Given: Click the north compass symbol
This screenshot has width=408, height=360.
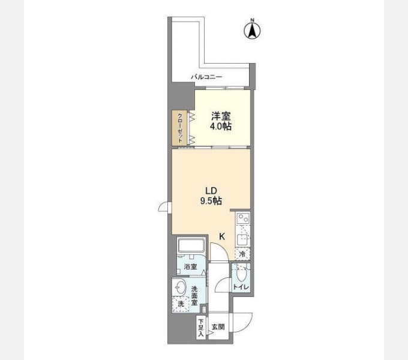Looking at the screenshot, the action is [x=252, y=29].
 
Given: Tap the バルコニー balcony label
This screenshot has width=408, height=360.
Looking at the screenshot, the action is [x=206, y=77].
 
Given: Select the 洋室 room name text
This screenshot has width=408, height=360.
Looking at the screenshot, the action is [x=221, y=116].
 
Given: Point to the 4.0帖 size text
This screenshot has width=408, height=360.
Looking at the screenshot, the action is [x=221, y=127].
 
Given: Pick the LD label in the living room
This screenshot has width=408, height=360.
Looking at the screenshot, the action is [x=211, y=191].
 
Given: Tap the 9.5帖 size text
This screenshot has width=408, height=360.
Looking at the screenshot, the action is [x=211, y=201].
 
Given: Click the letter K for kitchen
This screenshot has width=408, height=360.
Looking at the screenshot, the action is [x=221, y=237].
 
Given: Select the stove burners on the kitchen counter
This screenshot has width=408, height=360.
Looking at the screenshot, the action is [x=243, y=218].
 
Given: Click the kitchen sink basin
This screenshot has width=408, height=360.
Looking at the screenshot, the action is [x=242, y=239].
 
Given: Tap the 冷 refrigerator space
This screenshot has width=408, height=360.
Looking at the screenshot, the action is [x=242, y=254].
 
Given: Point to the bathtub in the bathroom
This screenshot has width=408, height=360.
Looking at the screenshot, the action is [x=191, y=245].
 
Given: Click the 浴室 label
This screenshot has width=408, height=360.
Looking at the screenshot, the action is [x=190, y=266].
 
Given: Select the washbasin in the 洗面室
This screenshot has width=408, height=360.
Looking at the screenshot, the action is [x=180, y=287].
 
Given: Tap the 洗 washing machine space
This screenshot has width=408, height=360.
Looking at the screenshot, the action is [x=181, y=304].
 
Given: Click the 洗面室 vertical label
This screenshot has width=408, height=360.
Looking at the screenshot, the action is [x=194, y=296].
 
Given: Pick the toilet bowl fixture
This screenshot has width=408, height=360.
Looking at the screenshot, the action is [x=242, y=274].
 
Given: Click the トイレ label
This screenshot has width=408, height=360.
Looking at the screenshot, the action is [x=241, y=287].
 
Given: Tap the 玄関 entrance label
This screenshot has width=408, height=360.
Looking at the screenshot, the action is [x=218, y=327].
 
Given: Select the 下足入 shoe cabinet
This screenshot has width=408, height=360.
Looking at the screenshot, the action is [x=201, y=328].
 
